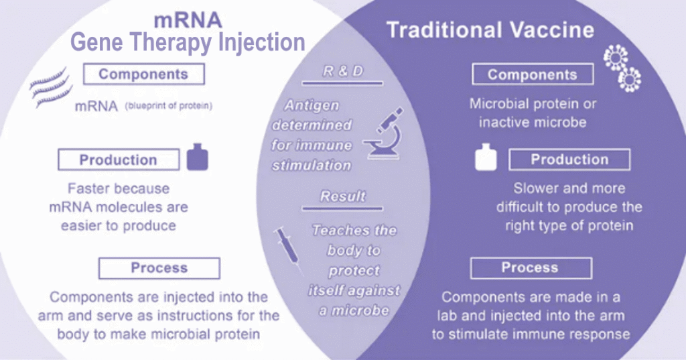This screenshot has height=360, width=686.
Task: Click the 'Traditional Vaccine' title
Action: pos(490,30)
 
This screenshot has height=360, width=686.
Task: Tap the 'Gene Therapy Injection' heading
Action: pos(188,42)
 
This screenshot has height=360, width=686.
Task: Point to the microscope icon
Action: pos(384,133)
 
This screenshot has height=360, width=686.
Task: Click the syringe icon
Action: pos(288,250)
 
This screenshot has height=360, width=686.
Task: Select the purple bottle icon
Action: pos(198,157)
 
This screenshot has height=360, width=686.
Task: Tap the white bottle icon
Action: pos(486,157)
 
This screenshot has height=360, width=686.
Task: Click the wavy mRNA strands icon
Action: pos(50,88)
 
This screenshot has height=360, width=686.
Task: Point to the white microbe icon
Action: pos(622,69)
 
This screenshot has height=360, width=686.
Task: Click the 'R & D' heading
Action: pos(342,71)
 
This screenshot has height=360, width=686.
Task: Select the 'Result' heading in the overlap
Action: pos(342,196)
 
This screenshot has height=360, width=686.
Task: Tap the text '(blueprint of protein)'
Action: pos(169,106)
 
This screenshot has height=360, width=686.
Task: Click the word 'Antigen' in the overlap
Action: pos(312,105)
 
